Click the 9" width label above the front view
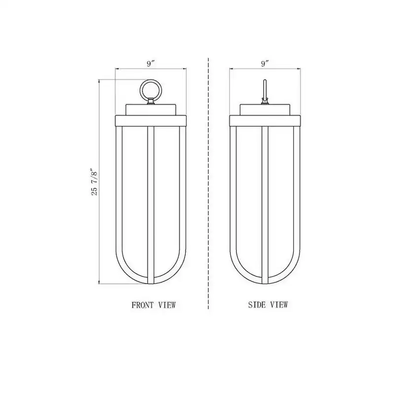pyautogui.click(x=151, y=64)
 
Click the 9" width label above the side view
pyautogui.click(x=265, y=64)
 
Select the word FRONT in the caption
pyautogui.click(x=142, y=305)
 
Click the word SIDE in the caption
pyautogui.click(x=257, y=305)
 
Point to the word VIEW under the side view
pyautogui.click(x=279, y=305)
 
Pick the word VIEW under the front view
pyautogui.click(x=167, y=305)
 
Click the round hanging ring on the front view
pyautogui.click(x=151, y=80)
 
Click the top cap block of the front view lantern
pyautogui.click(x=151, y=110)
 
